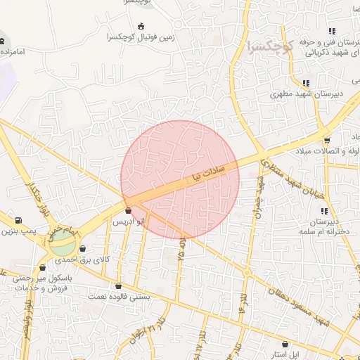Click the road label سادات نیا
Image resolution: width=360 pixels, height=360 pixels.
point(203,173)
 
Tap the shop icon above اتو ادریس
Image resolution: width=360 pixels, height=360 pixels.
point(127,210)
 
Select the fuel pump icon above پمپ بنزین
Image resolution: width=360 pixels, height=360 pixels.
point(18,220)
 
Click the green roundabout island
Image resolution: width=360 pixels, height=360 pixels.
point(62,243)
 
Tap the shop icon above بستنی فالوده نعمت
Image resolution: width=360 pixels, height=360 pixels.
point(117,285)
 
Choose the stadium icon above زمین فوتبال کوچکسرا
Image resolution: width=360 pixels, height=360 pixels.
point(141,26)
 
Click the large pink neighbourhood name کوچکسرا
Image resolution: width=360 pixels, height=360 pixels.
point(269,48)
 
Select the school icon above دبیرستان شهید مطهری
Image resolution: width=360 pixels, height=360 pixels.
point(306,82)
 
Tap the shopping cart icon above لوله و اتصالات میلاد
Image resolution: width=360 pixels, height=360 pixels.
point(327,141)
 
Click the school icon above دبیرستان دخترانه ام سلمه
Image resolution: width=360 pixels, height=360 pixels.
point(323,211)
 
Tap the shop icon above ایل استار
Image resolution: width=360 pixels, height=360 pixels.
point(285,345)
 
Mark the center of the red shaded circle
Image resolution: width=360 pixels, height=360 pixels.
point(180,179)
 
